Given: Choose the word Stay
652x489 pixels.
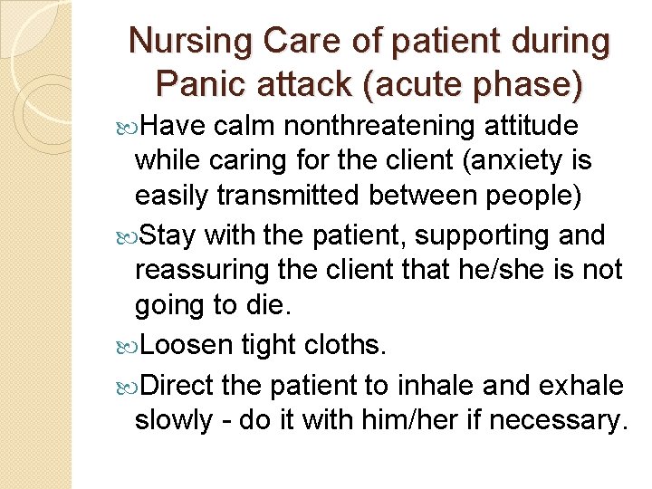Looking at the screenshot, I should (x=169, y=235).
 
